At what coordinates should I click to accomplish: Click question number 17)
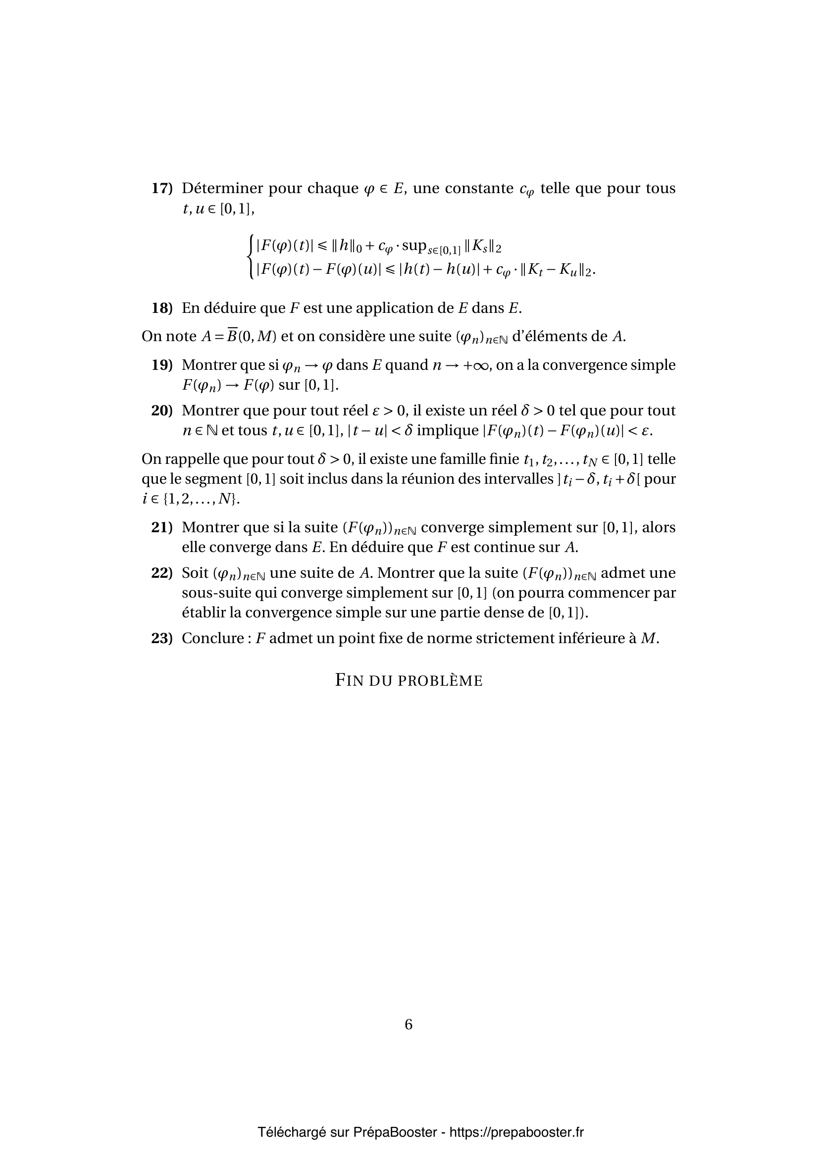(x=161, y=189)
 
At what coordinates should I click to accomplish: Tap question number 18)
(x=161, y=308)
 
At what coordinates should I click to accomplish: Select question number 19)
(x=161, y=365)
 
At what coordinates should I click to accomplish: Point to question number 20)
(x=161, y=410)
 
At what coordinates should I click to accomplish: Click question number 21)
(x=161, y=528)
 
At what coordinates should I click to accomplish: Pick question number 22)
(x=161, y=573)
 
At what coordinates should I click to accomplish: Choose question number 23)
(x=161, y=639)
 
